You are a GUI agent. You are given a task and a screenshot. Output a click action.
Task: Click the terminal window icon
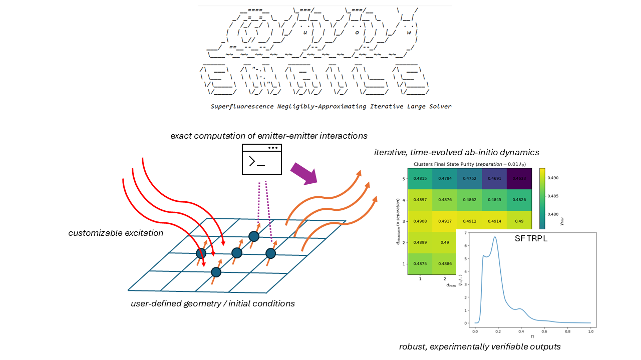261,159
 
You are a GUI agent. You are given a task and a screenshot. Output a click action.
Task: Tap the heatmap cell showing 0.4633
518,178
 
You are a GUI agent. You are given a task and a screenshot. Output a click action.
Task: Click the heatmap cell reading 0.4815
420,178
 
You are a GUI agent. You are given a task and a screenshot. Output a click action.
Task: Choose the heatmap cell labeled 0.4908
420,221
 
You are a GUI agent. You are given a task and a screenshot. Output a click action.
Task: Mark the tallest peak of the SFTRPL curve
495,237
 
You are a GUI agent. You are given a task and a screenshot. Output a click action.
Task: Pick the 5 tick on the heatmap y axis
403,178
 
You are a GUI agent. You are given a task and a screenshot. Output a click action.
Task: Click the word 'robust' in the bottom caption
412,346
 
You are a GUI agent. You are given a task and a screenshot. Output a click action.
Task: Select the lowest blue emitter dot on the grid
216,272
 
